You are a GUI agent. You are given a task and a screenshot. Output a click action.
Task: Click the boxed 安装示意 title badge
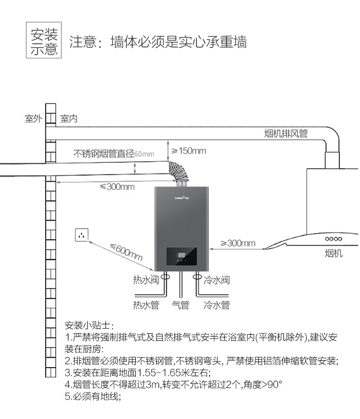tap(44, 41)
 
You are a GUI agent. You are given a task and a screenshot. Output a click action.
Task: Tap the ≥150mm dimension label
tap(188, 151)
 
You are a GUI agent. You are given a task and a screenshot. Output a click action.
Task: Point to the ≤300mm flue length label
tap(117, 186)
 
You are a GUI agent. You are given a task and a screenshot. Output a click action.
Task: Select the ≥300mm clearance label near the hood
tap(238, 243)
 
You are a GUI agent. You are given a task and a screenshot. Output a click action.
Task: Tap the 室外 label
tap(33, 119)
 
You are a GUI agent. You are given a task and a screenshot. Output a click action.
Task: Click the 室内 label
tap(69, 119)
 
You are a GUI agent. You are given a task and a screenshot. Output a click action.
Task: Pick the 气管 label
tap(180, 305)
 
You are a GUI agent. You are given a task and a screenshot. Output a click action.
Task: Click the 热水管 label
tap(146, 305)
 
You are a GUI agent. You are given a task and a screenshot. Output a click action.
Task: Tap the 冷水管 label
tap(216, 305)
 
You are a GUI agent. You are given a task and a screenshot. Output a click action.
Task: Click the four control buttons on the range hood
tap(334, 239)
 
